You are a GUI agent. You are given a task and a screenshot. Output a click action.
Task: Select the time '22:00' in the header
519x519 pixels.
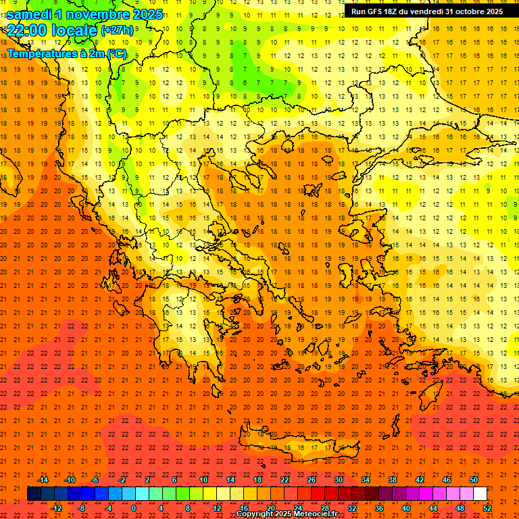(28, 30)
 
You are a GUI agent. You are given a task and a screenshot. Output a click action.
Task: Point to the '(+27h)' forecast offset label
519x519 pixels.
(117, 30)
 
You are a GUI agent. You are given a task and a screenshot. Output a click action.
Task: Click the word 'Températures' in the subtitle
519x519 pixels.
(42, 53)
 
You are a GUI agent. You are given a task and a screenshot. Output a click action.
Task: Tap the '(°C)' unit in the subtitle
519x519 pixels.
(116, 53)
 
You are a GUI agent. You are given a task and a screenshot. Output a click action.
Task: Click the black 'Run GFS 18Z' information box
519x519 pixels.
(426, 11)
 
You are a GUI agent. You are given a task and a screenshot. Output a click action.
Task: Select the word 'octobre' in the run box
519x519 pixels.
(470, 11)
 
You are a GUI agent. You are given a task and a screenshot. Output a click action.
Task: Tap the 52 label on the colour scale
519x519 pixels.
(487, 508)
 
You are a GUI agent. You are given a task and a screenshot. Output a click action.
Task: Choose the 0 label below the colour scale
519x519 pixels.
(133, 508)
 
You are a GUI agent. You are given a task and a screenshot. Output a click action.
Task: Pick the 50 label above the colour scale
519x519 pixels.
(474, 480)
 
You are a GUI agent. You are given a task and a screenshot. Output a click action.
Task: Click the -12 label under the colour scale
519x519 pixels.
(57, 508)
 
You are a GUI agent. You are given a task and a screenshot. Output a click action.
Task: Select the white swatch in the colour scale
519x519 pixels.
(480, 494)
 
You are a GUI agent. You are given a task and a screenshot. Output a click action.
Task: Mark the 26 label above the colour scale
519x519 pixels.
(312, 480)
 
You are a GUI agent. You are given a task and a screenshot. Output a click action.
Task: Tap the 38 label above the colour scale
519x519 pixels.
(393, 480)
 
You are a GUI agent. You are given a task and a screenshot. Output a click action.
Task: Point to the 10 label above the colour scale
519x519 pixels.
(203, 480)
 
